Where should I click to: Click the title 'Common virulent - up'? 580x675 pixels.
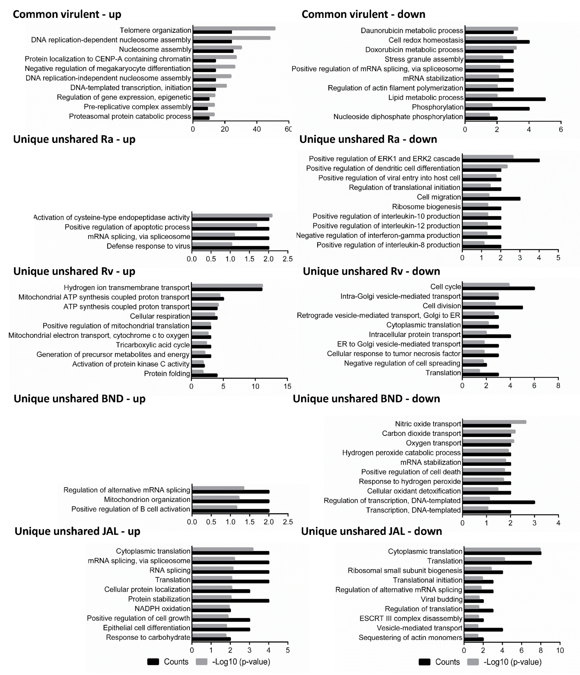pyautogui.click(x=67, y=14)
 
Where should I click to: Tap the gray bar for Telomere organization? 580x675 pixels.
pyautogui.click(x=234, y=28)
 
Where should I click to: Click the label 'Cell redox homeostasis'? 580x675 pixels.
pyautogui.click(x=426, y=40)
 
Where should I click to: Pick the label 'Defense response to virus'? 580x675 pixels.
pyautogui.click(x=148, y=246)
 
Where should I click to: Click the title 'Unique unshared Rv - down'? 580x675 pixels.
pyautogui.click(x=371, y=271)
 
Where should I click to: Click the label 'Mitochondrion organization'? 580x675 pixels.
pyautogui.click(x=147, y=499)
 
